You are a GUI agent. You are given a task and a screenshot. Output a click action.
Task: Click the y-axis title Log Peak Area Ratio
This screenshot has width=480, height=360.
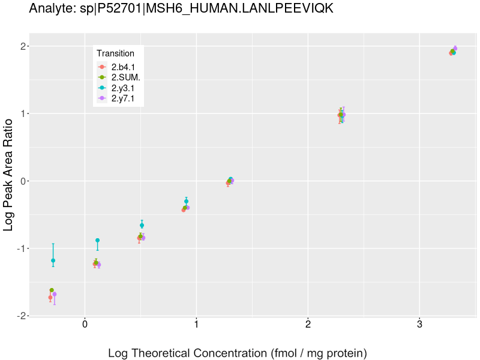(x=9, y=175)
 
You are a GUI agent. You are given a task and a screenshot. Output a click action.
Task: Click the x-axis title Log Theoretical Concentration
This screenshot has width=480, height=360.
(x=237, y=353)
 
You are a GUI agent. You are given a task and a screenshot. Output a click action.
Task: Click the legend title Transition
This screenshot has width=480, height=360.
(x=115, y=53)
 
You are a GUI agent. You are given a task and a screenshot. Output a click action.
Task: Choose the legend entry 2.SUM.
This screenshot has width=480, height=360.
(x=125, y=77)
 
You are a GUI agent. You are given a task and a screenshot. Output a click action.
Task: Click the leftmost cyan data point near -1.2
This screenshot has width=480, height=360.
(x=53, y=260)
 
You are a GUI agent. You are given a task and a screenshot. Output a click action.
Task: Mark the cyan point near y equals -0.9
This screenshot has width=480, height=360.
(x=97, y=240)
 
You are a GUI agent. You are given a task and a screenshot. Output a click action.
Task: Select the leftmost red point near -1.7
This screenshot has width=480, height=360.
(x=50, y=298)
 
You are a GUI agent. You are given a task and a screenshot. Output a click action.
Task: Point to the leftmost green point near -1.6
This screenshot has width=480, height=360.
(x=52, y=290)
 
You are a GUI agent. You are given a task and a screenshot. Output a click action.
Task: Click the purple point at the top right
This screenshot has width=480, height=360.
(x=455, y=48)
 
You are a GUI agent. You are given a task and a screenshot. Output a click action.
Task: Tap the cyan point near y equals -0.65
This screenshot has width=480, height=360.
(x=142, y=225)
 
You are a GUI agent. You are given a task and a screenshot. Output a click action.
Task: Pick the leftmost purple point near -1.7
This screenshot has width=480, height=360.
(x=55, y=294)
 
